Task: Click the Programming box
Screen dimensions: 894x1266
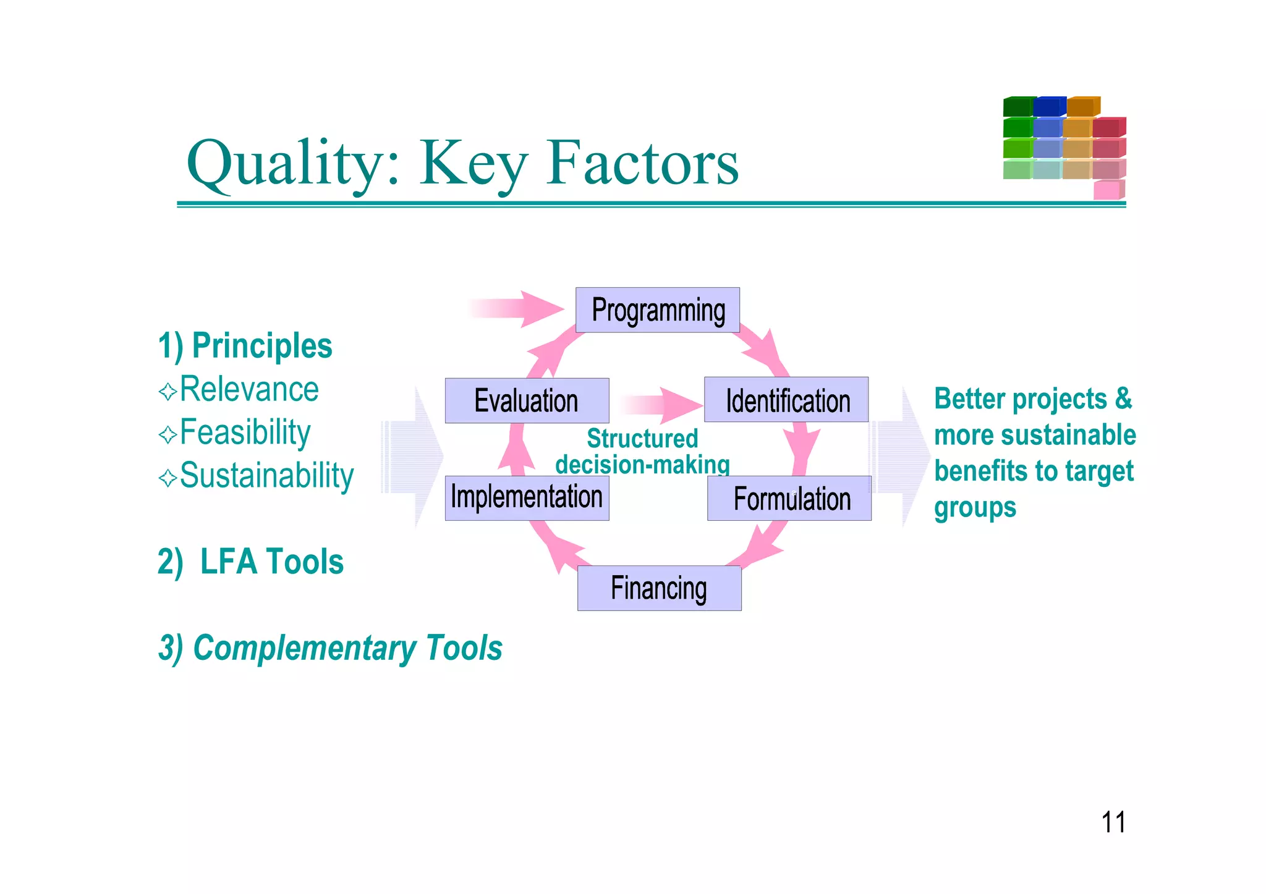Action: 658,310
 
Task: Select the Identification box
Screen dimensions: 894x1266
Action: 786,400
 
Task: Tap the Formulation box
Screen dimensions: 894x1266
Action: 789,498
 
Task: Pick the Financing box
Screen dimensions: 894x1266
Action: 659,588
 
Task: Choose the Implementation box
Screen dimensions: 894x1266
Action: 527,498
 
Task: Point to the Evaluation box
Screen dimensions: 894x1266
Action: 527,400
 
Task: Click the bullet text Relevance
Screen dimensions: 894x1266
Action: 249,390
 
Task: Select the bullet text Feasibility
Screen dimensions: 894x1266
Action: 245,432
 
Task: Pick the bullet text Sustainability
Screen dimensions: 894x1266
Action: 266,476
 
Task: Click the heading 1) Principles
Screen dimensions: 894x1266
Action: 245,346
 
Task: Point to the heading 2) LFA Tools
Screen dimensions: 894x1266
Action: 250,562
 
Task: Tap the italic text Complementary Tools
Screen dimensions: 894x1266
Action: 347,648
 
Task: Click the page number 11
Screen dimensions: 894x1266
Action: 1113,822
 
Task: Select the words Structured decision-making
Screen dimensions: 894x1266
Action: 642,452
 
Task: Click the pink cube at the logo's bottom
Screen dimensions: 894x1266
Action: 1107,190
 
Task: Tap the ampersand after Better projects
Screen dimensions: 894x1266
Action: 1123,399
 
